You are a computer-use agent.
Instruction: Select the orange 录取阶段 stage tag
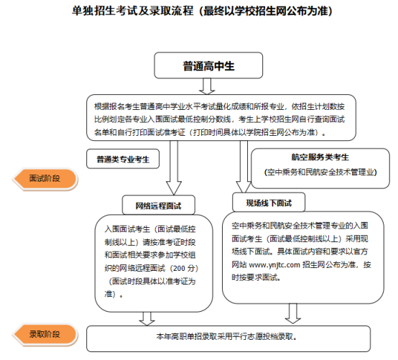pyautogui.click(x=43, y=334)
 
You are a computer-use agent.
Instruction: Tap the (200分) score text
pyautogui.click(x=176, y=265)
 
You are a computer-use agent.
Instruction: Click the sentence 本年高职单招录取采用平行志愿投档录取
pyautogui.click(x=226, y=336)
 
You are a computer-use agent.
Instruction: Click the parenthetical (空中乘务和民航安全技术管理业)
pyautogui.click(x=320, y=172)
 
